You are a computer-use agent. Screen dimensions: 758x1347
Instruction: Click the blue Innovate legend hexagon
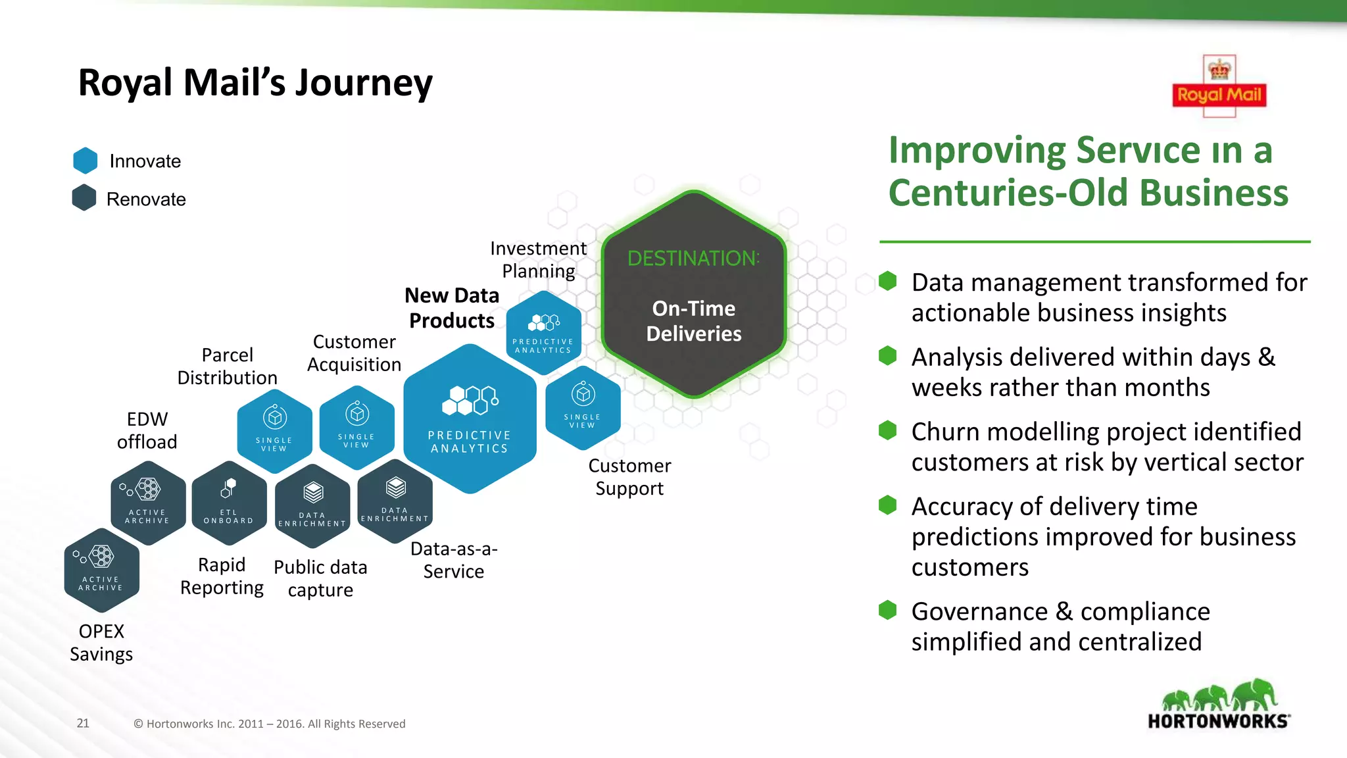point(86,161)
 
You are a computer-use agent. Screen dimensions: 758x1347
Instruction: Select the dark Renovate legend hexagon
point(84,198)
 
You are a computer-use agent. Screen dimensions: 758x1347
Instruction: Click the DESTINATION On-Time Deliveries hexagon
point(693,294)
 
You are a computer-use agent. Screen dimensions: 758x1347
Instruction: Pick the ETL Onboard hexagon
point(229,503)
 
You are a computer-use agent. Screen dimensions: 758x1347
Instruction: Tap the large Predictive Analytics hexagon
point(470,419)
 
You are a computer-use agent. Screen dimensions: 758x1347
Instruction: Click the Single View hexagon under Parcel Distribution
point(274,431)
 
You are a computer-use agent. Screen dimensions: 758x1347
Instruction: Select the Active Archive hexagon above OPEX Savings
point(101,570)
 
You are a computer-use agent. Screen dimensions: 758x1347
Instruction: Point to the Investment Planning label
point(538,259)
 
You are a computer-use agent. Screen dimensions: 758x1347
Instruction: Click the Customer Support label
point(629,477)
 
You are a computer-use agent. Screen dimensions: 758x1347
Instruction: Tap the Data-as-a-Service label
point(454,560)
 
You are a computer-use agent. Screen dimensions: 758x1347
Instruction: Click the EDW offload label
point(147,430)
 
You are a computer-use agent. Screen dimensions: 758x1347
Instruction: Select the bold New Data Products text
point(452,308)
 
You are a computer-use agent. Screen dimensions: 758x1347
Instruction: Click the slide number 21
point(83,723)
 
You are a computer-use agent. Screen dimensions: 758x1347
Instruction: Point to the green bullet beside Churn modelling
point(887,431)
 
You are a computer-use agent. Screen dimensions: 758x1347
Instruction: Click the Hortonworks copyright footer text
point(270,724)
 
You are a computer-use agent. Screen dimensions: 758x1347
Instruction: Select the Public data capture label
point(320,578)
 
